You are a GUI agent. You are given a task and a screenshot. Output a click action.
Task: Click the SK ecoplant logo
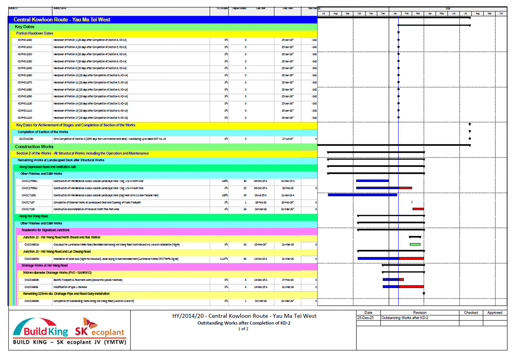tap(100, 328)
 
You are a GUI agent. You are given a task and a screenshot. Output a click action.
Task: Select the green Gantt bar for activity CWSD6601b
tap(415, 244)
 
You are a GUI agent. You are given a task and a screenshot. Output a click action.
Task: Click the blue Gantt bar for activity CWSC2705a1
tap(372, 181)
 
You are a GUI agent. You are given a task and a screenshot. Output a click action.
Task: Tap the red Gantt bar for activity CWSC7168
tap(418, 209)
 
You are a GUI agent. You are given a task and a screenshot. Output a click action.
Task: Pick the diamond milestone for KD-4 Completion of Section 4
tap(470, 139)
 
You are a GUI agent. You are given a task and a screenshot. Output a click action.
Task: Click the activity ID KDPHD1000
tap(25, 40)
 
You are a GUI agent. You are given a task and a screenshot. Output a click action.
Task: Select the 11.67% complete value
tap(224, 259)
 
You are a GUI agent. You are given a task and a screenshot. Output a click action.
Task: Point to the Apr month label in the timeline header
tap(430, 14)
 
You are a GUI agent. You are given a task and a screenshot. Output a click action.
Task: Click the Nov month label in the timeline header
tap(371, 14)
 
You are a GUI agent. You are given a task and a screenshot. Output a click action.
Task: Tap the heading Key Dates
tap(25, 27)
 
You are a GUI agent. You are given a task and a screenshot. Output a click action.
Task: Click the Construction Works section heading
tap(34, 147)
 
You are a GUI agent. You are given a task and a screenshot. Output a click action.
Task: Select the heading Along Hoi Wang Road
tap(33, 216)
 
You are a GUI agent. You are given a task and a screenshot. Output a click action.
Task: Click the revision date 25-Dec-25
tap(365, 318)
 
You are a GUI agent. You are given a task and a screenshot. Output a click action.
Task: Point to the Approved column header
tap(495, 313)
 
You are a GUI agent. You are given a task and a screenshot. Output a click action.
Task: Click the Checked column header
tap(471, 313)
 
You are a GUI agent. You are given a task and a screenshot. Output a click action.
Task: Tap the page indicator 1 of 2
tap(243, 329)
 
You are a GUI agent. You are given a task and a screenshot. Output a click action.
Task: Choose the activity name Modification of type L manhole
tap(70, 287)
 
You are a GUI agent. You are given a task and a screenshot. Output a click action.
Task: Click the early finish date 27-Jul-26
tap(287, 139)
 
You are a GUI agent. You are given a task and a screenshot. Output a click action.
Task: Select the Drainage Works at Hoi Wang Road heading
tap(44, 265)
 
